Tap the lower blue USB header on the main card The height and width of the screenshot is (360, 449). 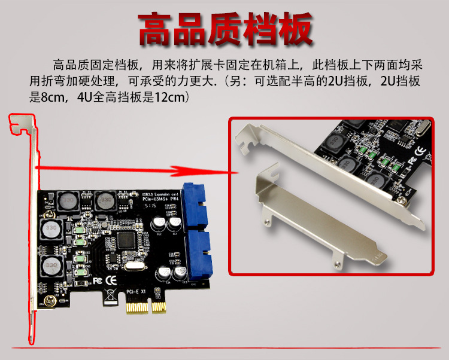tap(195, 254)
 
